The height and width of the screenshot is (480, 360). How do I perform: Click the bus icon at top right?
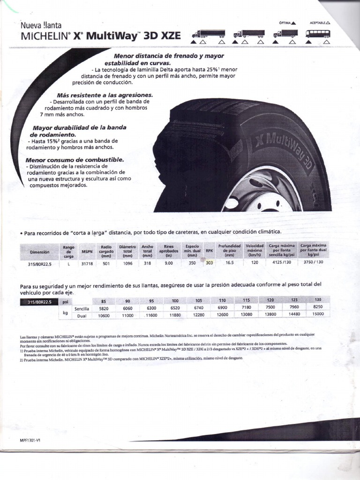coord(317,34)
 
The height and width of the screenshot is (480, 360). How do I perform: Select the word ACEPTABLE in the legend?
coord(318,22)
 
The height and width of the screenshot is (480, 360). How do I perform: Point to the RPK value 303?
coord(209,263)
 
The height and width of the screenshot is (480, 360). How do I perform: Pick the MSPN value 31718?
coord(87,263)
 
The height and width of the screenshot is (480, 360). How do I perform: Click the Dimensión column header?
coord(40,252)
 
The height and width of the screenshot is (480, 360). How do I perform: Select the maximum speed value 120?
coord(255,263)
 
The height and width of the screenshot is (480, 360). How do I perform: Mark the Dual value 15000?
coord(318,315)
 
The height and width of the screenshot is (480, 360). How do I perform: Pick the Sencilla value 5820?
coord(104,308)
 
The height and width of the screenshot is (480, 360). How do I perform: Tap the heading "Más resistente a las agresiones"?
coord(105,95)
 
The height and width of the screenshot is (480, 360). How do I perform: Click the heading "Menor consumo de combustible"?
coord(75,159)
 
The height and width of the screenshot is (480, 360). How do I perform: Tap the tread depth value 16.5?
coord(229,263)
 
